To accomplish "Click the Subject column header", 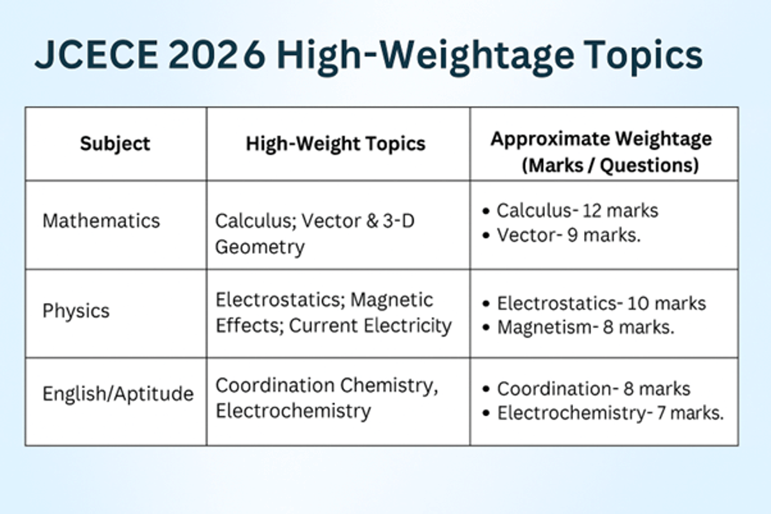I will coord(115,143).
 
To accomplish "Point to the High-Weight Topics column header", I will coord(335,143).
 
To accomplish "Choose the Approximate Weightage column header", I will coord(601,139).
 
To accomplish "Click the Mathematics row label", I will coord(101,221).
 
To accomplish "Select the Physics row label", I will coord(76,311).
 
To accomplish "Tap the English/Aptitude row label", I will coord(118,394).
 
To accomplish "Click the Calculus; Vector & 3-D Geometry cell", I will coord(315,234).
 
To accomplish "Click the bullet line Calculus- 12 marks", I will coord(577,210).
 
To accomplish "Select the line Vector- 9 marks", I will coord(569,235).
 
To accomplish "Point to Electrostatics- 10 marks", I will coord(601,303).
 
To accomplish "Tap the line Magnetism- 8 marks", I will coord(585,328).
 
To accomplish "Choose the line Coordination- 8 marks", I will coord(593,389).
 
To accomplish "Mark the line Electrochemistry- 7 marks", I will coord(610,413).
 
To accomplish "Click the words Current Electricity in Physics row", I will coord(370,326).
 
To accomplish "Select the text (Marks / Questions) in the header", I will coord(610,165).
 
